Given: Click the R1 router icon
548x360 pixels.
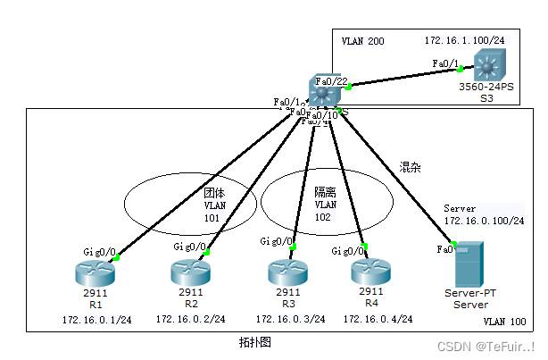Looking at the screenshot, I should (x=93, y=272).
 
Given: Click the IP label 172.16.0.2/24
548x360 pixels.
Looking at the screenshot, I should (x=190, y=319).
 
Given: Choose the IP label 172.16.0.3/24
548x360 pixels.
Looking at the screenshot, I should (x=288, y=319).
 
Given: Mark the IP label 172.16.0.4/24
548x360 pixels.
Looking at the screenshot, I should (x=378, y=319).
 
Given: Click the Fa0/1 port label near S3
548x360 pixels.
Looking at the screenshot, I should (x=444, y=63).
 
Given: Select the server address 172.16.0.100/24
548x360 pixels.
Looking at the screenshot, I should (x=484, y=220).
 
